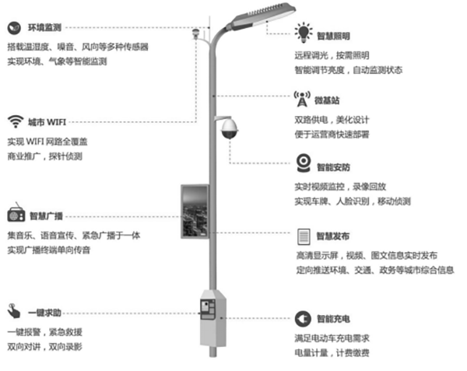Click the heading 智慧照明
[x=335, y=36]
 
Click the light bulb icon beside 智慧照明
[x=303, y=33]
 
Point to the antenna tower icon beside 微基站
[x=303, y=99]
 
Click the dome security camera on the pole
[x=229, y=129]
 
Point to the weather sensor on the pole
[x=198, y=33]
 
